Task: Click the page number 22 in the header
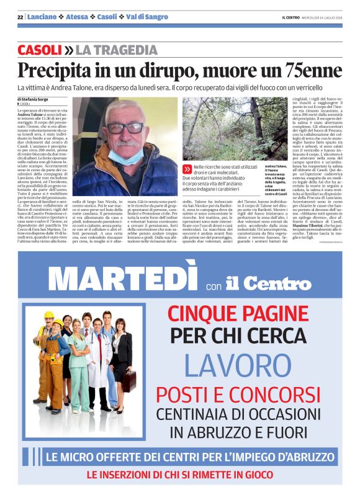coord(20,17)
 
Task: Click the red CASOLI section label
coord(39,50)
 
